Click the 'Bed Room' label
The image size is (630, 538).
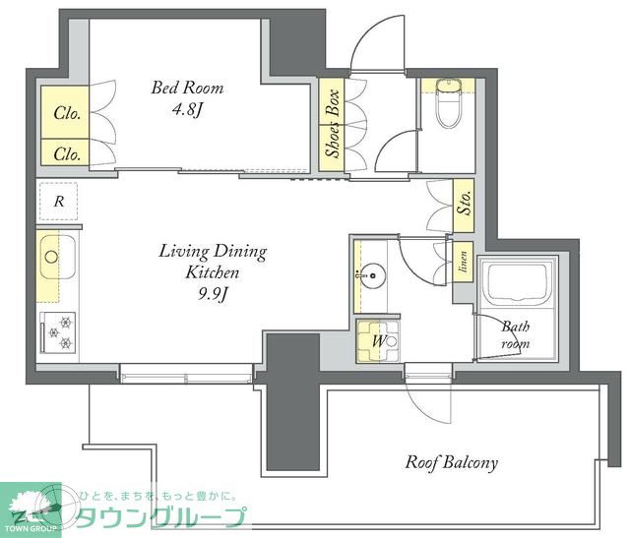187,88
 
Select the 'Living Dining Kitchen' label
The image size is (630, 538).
213,261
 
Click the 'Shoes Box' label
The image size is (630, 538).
333,124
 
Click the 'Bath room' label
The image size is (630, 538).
515,335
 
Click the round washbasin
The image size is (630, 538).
372,276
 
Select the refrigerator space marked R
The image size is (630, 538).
60,203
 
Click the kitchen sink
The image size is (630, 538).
51,258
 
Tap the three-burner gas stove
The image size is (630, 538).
57,330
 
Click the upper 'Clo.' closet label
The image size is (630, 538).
67,112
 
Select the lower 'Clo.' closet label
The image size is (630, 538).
67,153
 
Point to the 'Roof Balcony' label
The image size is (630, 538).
452,461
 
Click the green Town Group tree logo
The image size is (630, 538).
31,506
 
